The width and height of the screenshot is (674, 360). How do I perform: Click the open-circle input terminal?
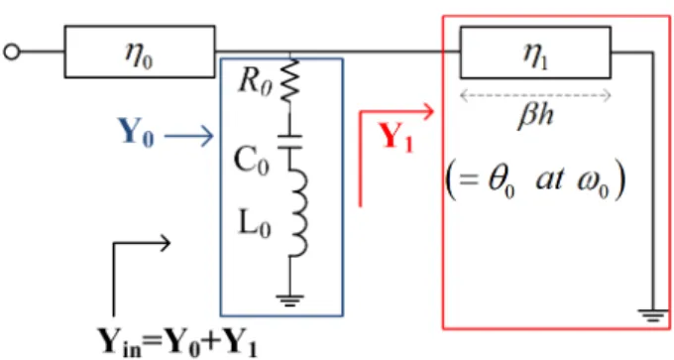[x=12, y=52]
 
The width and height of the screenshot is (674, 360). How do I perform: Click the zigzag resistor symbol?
[x=289, y=81]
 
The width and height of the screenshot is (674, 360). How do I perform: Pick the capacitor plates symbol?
[x=289, y=143]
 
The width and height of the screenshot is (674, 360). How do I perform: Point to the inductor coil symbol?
[x=297, y=212]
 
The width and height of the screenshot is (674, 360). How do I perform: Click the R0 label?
[x=255, y=81]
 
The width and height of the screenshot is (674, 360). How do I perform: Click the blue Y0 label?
[x=136, y=133]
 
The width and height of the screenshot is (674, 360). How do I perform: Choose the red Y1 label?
[x=395, y=137]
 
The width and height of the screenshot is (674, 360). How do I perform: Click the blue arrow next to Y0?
[x=189, y=136]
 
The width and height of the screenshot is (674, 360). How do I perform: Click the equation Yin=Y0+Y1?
[x=177, y=342]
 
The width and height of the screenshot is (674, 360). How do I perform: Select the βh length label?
[x=535, y=116]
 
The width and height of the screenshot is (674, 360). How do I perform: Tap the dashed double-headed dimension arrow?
[x=535, y=95]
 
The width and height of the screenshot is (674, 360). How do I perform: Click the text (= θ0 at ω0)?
[x=534, y=180]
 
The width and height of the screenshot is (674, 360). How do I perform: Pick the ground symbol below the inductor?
[x=289, y=300]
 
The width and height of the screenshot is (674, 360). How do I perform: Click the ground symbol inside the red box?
[x=653, y=315]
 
